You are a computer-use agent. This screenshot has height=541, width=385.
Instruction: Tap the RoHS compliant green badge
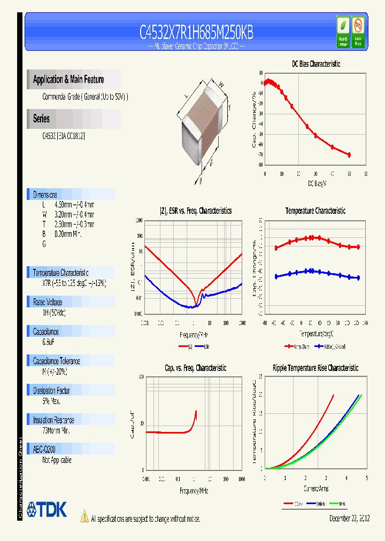[x=343, y=32]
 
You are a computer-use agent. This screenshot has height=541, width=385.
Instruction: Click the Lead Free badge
[x=358, y=32]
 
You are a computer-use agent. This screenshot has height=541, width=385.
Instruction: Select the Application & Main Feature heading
[x=68, y=80]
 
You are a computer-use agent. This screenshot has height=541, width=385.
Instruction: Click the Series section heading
[x=42, y=119]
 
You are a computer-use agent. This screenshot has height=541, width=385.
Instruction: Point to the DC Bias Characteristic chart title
[x=315, y=64]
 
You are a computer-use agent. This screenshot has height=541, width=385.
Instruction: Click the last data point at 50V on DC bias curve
[x=349, y=155]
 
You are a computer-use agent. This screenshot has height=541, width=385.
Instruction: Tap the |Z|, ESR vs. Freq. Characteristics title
[x=196, y=211]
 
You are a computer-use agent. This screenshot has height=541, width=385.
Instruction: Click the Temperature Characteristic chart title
[x=315, y=211]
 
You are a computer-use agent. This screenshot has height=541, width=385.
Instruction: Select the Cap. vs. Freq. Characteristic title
[x=195, y=368]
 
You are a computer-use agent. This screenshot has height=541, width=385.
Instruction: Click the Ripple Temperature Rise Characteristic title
[x=315, y=368]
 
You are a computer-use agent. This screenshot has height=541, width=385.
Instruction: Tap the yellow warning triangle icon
[x=84, y=516]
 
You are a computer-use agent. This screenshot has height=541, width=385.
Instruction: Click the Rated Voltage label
[x=48, y=302]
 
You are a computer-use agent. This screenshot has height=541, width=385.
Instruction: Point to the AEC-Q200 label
[x=44, y=450]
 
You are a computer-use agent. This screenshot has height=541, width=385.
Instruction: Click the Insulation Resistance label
[x=53, y=420]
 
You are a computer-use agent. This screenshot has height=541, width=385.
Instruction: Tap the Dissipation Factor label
[x=52, y=391]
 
